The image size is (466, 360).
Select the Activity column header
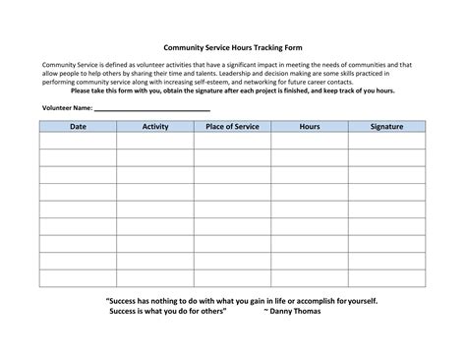[x=154, y=127]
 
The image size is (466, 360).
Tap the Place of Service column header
[x=232, y=127]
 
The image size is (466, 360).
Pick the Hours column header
[x=310, y=127]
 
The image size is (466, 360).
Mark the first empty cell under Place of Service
[x=232, y=141]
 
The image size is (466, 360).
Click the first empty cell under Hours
[x=310, y=141]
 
